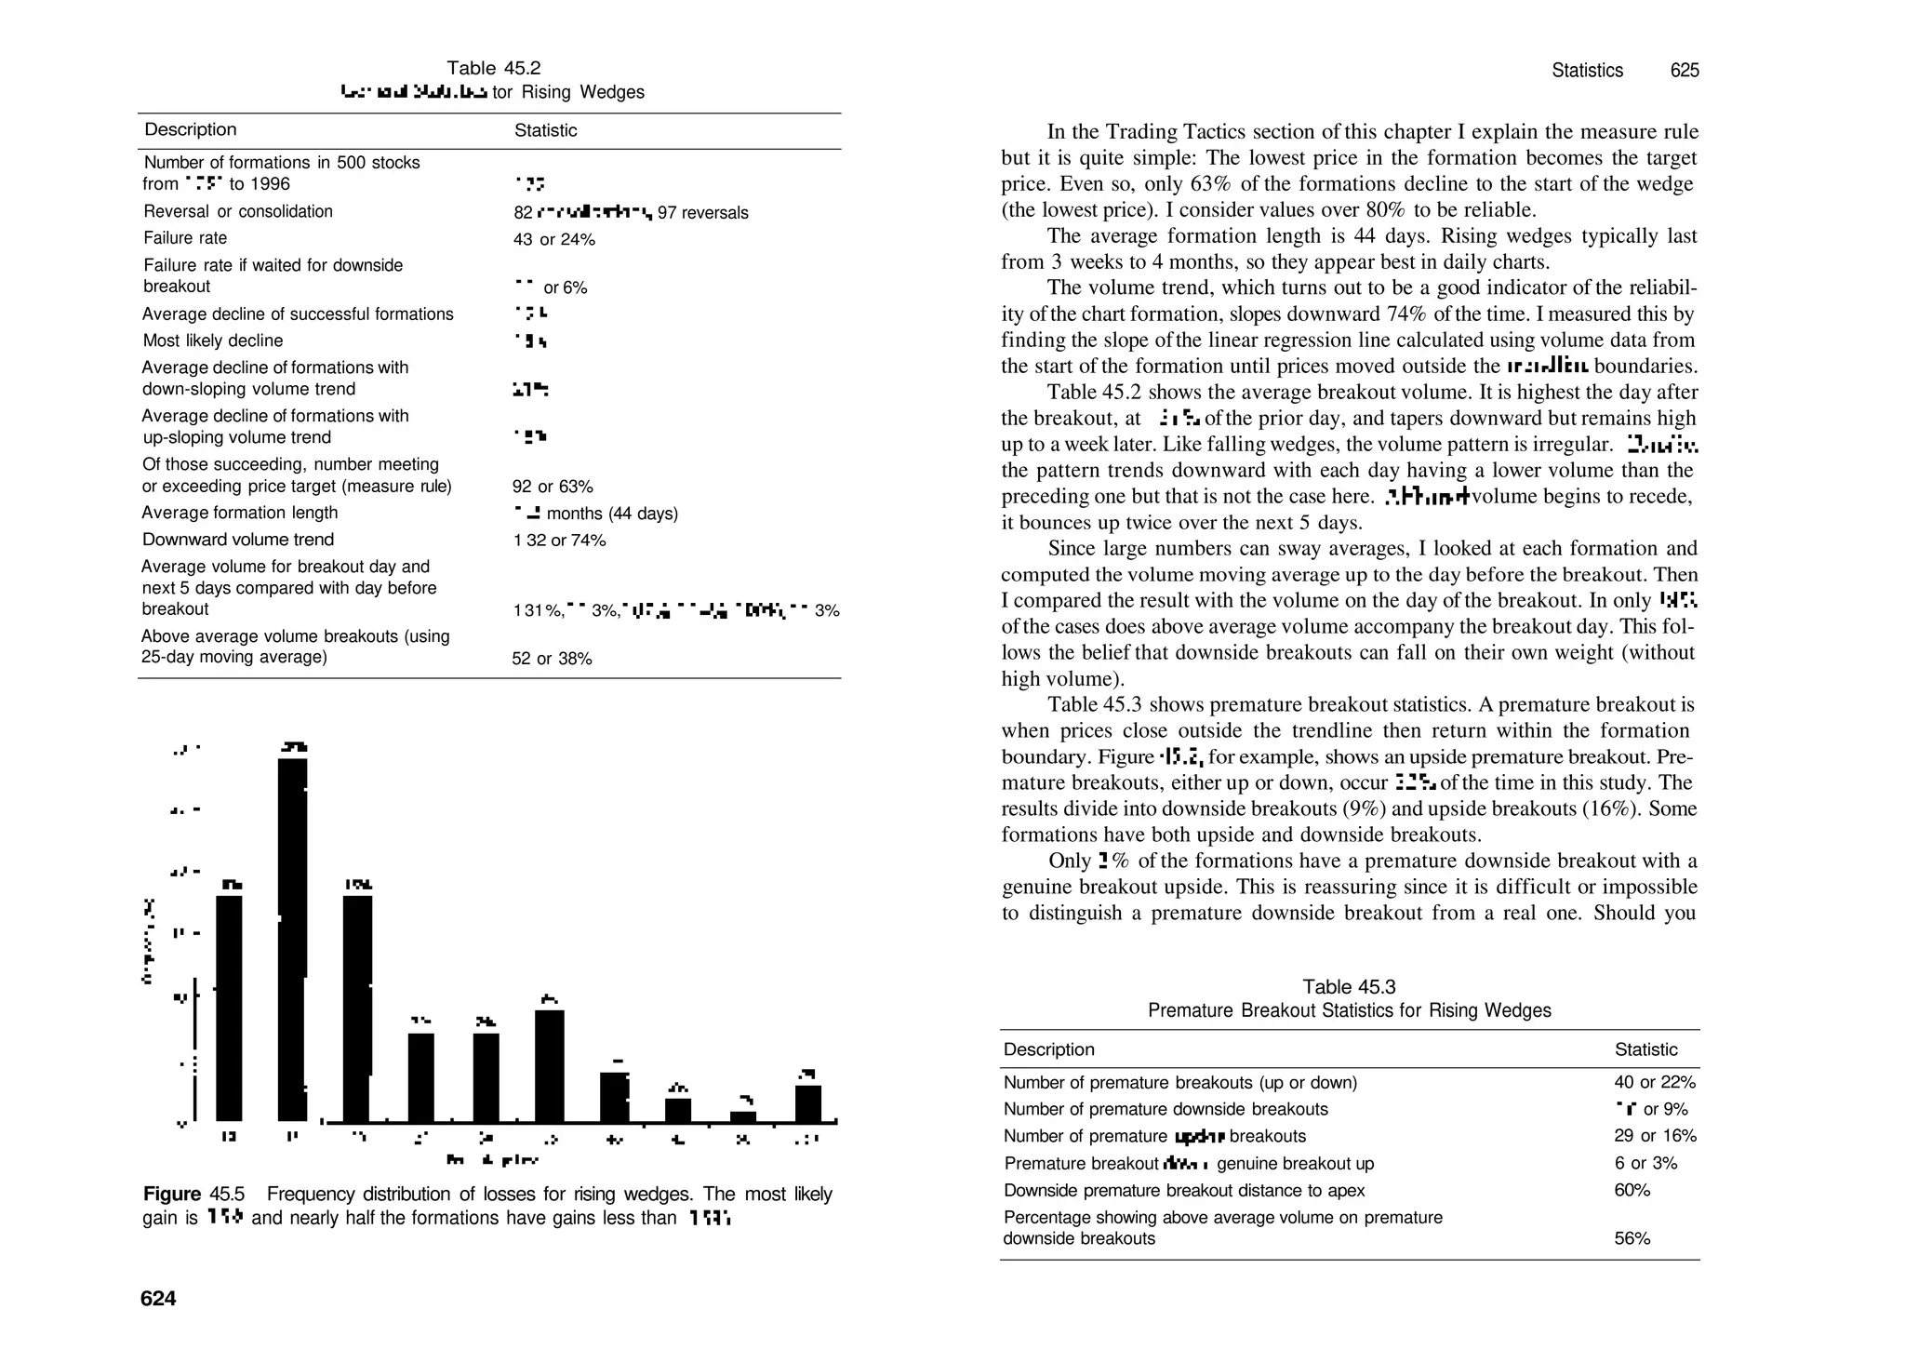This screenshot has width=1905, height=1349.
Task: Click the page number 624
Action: pyautogui.click(x=158, y=1299)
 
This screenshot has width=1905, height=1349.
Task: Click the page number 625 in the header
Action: pyautogui.click(x=1685, y=71)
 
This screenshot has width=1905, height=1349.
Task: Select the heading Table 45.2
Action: pyautogui.click(x=493, y=68)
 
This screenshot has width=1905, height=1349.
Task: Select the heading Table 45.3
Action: pyautogui.click(x=1349, y=987)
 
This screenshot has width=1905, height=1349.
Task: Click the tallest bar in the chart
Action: pyautogui.click(x=292, y=940)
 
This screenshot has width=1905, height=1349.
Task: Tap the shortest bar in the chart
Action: pyautogui.click(x=742, y=1116)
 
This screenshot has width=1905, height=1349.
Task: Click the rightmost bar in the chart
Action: pyautogui.click(x=807, y=1103)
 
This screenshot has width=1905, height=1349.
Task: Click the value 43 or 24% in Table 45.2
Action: pyautogui.click(x=554, y=240)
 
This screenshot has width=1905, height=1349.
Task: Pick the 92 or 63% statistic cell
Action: pyautogui.click(x=553, y=487)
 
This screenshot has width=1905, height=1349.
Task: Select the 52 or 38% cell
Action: pyautogui.click(x=552, y=659)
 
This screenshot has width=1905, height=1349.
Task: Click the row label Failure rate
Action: pyautogui.click(x=185, y=238)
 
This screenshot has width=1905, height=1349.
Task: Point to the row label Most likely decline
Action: pyautogui.click(x=213, y=341)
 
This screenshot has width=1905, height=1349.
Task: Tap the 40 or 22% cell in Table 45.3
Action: pyautogui.click(x=1655, y=1082)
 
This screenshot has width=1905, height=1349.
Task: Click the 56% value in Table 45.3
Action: pyautogui.click(x=1632, y=1238)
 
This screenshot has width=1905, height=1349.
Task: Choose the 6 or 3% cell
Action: pyautogui.click(x=1646, y=1163)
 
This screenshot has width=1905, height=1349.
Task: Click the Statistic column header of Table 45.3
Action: pyautogui.click(x=1645, y=1049)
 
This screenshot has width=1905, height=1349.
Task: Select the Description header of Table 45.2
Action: pyautogui.click(x=191, y=130)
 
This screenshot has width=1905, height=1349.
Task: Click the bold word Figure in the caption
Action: pyautogui.click(x=172, y=1194)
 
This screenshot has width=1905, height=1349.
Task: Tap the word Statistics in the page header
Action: pyautogui.click(x=1587, y=71)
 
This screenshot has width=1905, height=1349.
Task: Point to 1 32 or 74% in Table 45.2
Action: pyautogui.click(x=559, y=541)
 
